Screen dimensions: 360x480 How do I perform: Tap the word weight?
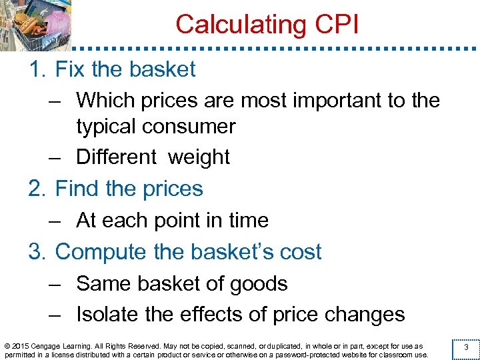pos(199,157)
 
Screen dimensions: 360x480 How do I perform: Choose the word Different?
pos(117,157)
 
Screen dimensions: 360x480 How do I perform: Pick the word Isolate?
pos(108,315)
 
